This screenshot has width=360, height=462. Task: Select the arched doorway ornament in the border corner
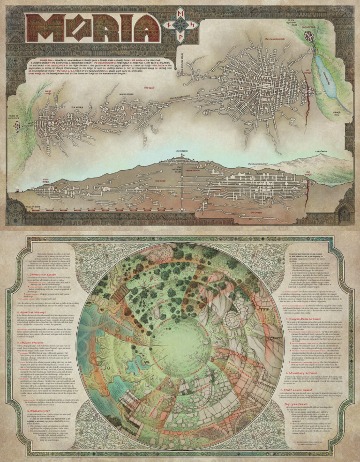tap(345, 215)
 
